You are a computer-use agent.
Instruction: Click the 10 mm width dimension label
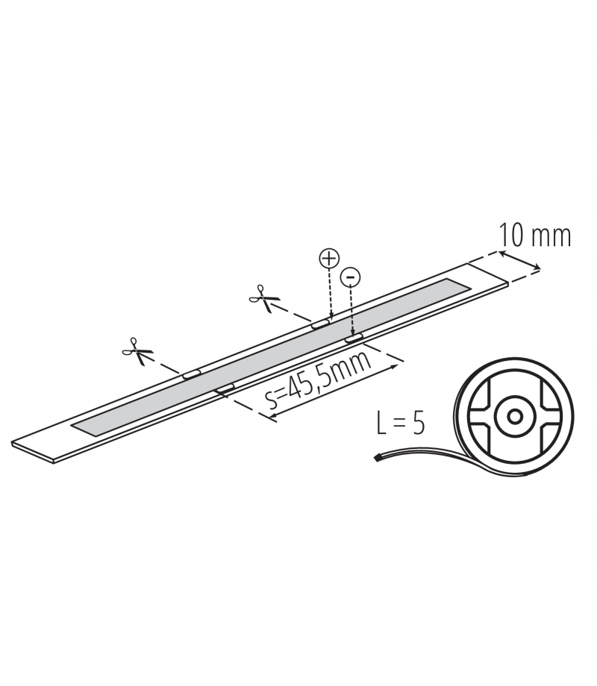535,236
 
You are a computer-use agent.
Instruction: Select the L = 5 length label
401,423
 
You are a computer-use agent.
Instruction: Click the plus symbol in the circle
329,259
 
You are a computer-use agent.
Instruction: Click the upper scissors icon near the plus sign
263,298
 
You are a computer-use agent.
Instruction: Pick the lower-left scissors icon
137,351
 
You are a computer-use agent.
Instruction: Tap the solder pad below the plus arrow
321,324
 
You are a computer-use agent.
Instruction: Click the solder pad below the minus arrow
354,339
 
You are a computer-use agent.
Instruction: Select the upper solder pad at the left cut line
191,374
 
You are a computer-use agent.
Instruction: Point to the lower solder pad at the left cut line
225,388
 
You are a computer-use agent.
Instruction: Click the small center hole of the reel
516,416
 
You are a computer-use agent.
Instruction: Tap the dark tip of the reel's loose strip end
376,457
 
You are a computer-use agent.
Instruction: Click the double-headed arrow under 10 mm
519,260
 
